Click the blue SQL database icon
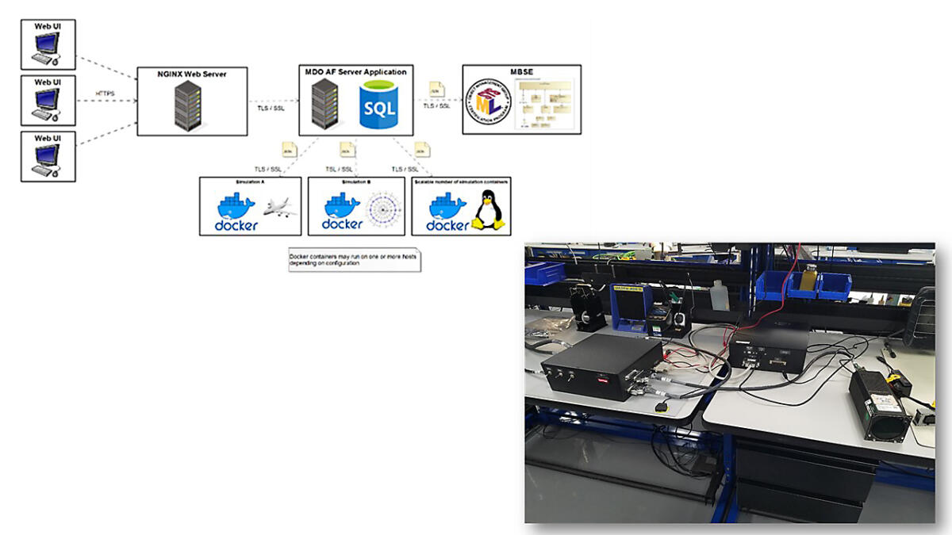click(378, 106)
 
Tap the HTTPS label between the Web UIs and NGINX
click(105, 94)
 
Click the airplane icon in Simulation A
click(278, 208)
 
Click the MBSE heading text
click(521, 72)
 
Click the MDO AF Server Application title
click(355, 72)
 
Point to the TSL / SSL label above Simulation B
click(340, 169)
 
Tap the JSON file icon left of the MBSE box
click(436, 89)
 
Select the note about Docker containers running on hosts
click(354, 259)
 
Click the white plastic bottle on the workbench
click(720, 296)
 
